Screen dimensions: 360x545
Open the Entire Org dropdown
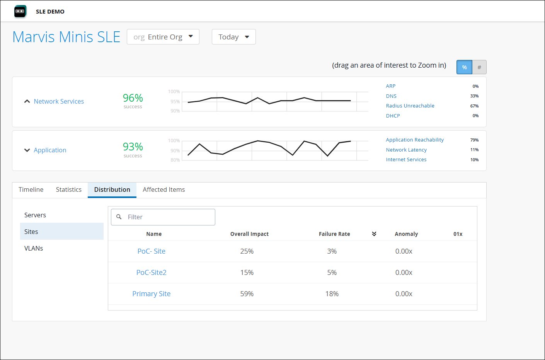click(163, 37)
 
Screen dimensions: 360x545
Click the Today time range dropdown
click(233, 37)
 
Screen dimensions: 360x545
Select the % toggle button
click(464, 67)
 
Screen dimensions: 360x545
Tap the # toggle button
click(479, 67)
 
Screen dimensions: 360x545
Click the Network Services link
click(59, 101)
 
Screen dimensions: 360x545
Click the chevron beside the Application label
click(27, 150)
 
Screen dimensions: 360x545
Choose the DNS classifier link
click(391, 96)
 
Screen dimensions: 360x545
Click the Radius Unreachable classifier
click(410, 106)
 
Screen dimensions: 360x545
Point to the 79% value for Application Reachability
click(474, 140)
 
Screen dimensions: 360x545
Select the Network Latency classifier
click(406, 150)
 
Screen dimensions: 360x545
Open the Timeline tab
click(31, 189)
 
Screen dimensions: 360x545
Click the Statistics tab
click(69, 189)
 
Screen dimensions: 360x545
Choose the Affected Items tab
click(164, 189)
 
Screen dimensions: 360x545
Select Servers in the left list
click(35, 215)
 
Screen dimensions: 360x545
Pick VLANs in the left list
click(34, 248)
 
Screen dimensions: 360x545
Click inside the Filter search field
click(168, 217)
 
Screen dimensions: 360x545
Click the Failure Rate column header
click(334, 234)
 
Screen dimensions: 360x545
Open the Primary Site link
click(152, 294)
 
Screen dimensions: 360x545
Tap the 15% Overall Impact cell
click(247, 273)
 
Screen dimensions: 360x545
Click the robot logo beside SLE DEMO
click(20, 11)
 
